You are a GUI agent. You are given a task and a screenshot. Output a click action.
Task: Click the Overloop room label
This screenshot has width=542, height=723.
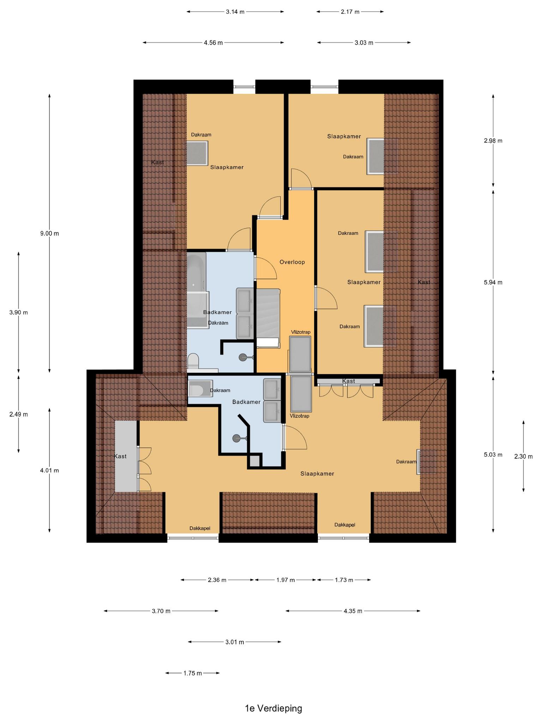(292, 262)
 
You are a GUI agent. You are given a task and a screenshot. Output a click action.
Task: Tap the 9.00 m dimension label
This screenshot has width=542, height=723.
(49, 233)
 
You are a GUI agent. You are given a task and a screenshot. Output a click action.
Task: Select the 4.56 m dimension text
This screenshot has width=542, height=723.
(213, 43)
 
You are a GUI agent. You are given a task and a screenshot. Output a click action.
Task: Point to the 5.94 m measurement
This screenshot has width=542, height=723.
(493, 282)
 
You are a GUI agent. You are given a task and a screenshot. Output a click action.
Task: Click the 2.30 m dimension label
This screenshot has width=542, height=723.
(524, 456)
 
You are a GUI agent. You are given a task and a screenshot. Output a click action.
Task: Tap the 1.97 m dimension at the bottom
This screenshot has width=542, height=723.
(285, 580)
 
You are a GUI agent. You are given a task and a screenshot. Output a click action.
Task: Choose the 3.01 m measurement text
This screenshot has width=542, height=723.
(235, 642)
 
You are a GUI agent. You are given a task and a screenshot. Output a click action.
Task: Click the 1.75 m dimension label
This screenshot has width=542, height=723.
(193, 673)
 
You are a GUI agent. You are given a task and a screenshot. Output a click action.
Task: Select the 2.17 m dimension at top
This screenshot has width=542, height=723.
(350, 12)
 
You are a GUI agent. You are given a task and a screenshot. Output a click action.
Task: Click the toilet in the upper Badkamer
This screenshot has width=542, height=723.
(193, 361)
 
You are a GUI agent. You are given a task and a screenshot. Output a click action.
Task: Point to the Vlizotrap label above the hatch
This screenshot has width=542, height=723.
(301, 332)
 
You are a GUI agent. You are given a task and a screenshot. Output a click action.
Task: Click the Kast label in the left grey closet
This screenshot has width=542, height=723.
(120, 456)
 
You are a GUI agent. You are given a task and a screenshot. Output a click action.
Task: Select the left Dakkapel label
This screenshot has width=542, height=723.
(200, 528)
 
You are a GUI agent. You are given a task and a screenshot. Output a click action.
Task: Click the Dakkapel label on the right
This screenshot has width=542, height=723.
(345, 525)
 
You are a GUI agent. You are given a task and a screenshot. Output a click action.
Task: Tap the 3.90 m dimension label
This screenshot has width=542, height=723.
(19, 312)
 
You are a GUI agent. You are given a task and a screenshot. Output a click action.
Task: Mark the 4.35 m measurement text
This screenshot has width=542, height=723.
(353, 611)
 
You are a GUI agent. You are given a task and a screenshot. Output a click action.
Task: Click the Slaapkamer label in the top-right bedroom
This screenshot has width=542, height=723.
(344, 136)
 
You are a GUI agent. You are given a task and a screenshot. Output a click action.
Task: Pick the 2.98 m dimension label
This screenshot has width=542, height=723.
(493, 141)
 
